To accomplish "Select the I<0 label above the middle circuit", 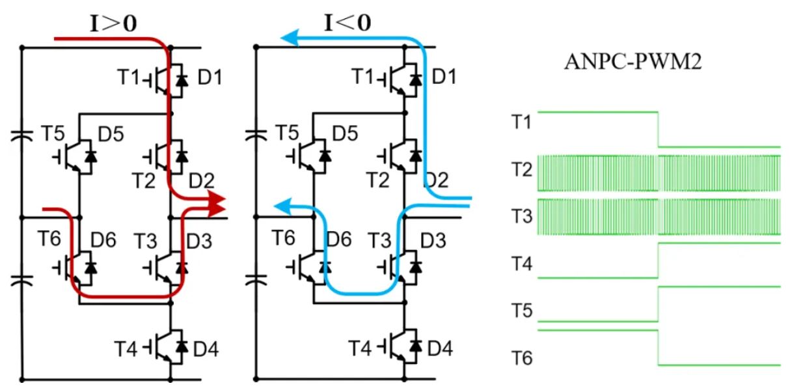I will click(x=347, y=24).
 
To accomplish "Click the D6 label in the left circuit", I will click(x=106, y=240).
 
